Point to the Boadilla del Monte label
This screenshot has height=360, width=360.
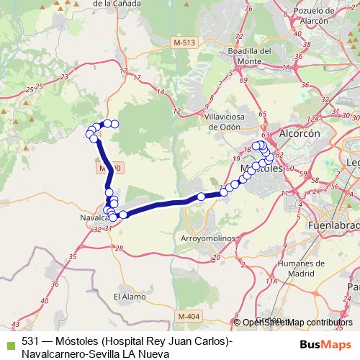(x=249, y=56)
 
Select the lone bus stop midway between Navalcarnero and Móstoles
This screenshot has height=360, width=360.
(x=202, y=197)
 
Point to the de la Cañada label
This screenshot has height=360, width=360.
(x=117, y=4)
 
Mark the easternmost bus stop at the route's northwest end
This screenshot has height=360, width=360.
(x=114, y=124)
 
